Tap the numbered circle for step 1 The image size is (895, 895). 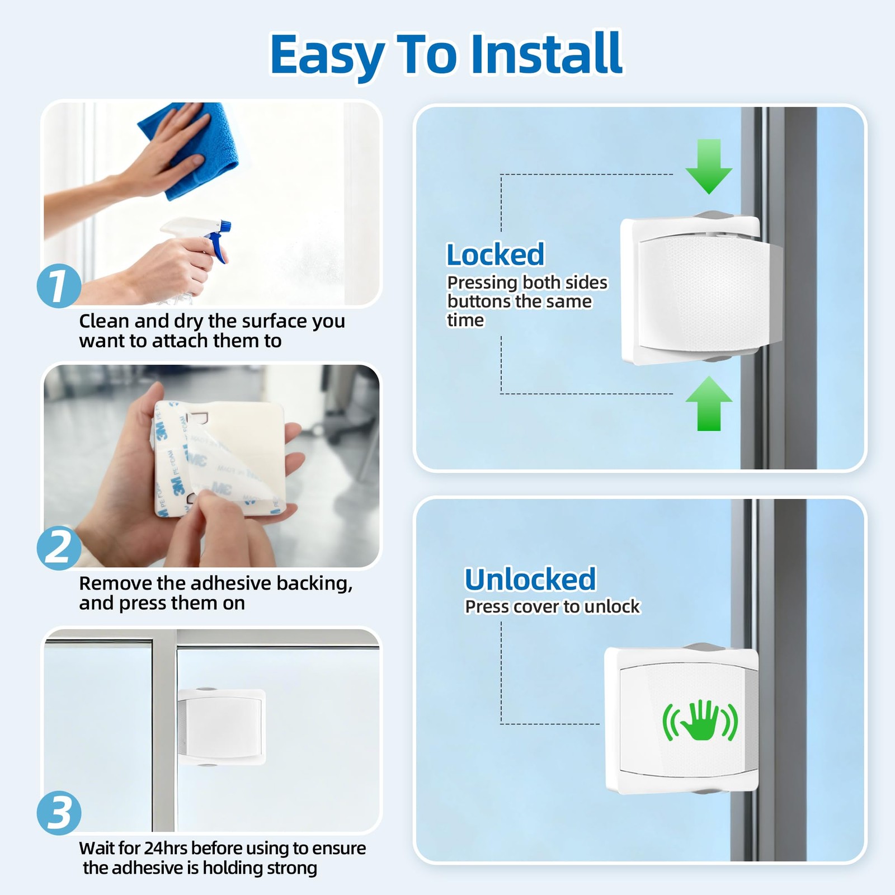tap(59, 285)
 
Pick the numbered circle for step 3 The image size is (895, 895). tap(59, 813)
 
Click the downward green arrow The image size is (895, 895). tap(709, 167)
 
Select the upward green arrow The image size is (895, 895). tap(709, 403)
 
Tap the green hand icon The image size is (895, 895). tap(700, 720)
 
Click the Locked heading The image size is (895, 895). tap(495, 255)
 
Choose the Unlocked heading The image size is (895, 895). tap(530, 579)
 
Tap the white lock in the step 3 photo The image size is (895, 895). tap(222, 727)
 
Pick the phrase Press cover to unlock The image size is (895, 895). tap(552, 606)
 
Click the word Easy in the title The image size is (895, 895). tap(328, 55)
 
